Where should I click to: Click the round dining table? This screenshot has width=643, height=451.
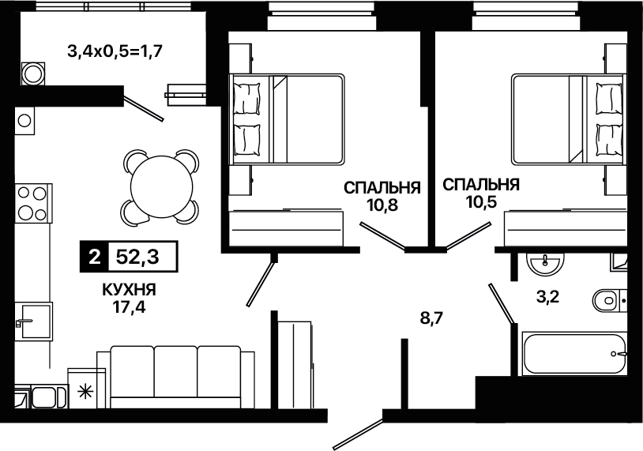161,186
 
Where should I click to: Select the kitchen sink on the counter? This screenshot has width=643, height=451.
34,321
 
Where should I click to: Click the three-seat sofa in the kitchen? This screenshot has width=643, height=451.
175,377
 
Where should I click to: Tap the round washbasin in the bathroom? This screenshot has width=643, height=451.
545,264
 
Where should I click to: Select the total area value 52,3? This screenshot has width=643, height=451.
137,257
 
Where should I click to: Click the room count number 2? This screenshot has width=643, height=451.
94,257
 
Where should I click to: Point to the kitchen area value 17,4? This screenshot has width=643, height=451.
130,306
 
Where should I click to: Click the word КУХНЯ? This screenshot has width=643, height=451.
130,290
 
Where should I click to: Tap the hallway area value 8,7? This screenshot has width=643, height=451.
432,318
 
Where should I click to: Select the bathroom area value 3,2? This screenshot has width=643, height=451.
548,296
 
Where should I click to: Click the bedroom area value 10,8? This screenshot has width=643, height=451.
382,205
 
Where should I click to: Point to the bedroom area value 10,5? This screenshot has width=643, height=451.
481,201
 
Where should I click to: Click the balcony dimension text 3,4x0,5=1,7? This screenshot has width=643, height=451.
115,51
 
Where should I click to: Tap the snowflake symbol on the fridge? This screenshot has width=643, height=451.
86,392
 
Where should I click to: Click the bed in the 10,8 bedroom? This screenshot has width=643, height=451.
287,120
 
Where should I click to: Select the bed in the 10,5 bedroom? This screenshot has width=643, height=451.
569,120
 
